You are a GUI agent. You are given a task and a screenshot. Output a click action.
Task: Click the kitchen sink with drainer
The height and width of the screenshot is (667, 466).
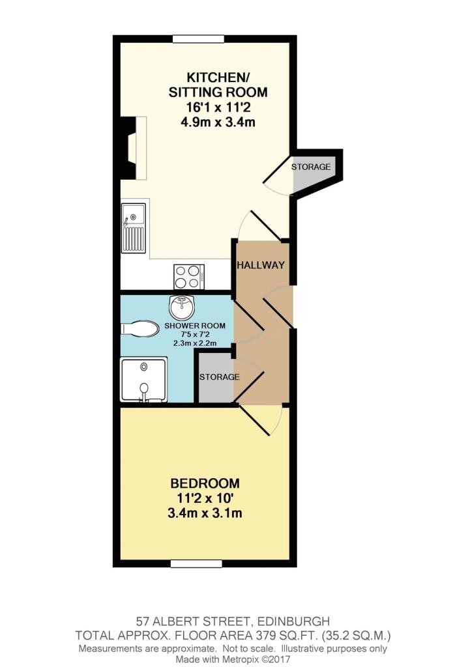click(x=134, y=229)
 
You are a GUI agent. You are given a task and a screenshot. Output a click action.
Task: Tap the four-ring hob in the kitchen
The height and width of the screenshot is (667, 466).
click(x=188, y=276)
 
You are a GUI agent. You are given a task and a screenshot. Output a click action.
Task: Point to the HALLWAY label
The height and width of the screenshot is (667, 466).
click(x=261, y=265)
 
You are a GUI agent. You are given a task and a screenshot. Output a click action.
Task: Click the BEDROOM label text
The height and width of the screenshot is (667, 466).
click(x=205, y=484)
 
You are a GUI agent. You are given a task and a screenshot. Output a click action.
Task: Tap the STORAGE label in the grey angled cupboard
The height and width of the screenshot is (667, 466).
click(x=311, y=167)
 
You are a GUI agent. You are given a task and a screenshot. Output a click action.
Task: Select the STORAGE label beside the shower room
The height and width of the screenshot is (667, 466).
click(x=219, y=377)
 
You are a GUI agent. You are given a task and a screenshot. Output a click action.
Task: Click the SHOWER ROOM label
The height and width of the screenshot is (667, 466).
click(x=195, y=326)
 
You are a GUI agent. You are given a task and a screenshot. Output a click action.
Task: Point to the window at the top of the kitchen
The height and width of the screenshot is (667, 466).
click(x=198, y=39)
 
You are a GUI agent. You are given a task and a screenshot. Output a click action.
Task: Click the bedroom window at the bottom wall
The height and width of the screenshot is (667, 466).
click(x=196, y=563)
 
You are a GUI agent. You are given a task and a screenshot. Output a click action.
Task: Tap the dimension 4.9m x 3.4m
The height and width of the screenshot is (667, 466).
click(x=218, y=122)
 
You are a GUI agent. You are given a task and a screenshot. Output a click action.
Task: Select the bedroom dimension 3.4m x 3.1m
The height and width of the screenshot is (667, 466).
click(x=205, y=513)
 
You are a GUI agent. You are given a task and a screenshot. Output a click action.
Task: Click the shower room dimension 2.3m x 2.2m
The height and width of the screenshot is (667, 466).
click(x=195, y=343)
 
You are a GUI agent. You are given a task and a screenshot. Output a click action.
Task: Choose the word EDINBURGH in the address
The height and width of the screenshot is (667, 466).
click(x=294, y=621)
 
